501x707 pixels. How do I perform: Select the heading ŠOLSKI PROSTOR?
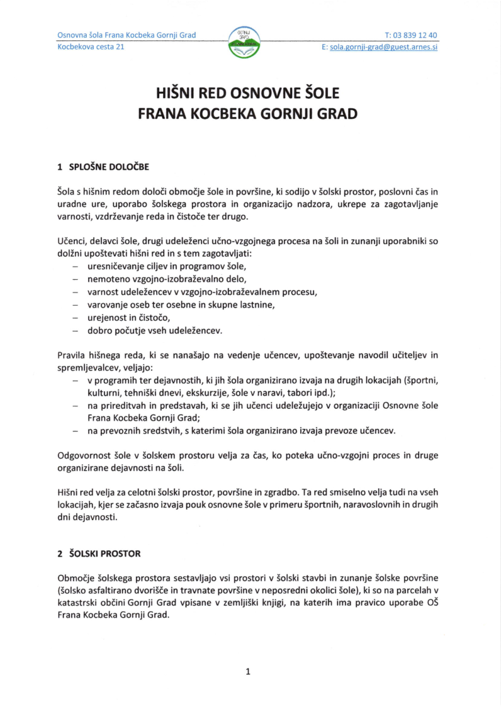104,554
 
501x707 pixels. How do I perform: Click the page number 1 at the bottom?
248,671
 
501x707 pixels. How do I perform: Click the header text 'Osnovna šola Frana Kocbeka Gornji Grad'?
127,35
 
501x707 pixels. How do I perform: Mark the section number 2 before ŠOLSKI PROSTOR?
60,554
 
